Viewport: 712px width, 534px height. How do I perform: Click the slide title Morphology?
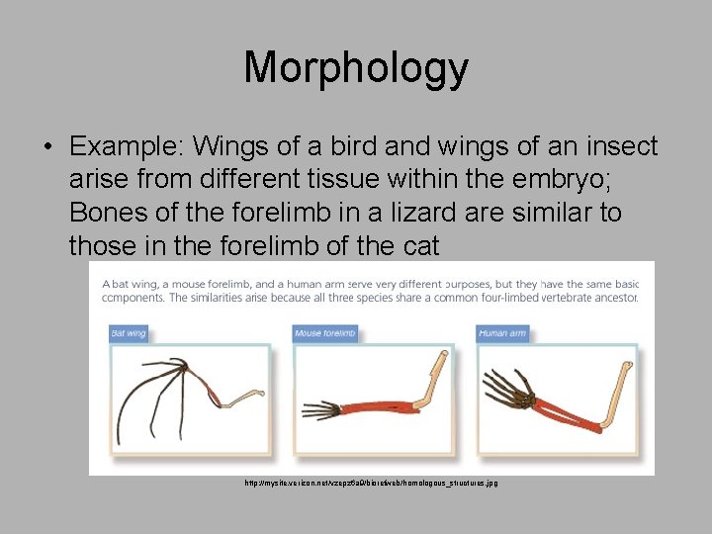pyautogui.click(x=356, y=68)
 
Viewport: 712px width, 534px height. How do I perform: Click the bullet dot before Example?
pyautogui.click(x=47, y=147)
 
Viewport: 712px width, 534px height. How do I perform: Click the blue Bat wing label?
pyautogui.click(x=129, y=333)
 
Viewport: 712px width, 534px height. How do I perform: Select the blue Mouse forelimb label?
pyautogui.click(x=324, y=333)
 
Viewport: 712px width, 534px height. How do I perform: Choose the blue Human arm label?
pyautogui.click(x=502, y=333)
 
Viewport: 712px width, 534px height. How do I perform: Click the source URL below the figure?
pyautogui.click(x=371, y=483)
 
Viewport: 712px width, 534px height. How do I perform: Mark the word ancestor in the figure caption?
pyautogui.click(x=612, y=298)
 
